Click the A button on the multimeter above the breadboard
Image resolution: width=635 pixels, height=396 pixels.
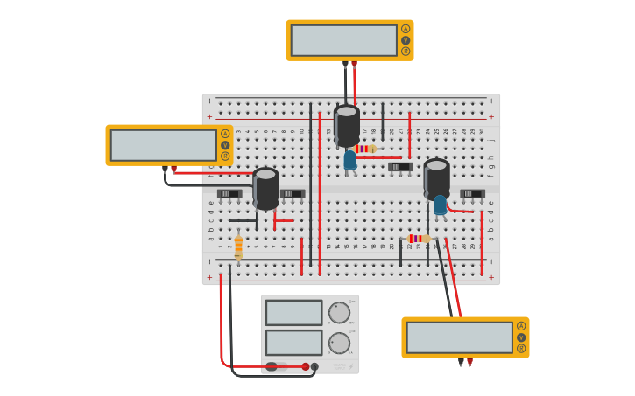(x=406, y=29)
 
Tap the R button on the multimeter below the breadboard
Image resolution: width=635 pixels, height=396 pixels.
(x=521, y=349)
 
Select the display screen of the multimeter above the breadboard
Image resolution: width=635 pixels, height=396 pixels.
(x=343, y=40)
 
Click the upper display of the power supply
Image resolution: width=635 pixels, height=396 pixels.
(x=293, y=313)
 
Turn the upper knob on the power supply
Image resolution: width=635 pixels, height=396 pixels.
(x=339, y=313)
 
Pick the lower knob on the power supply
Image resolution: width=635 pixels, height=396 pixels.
(x=339, y=343)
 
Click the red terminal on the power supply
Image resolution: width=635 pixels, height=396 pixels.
(x=306, y=366)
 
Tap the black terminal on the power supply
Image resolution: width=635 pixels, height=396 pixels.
(x=315, y=366)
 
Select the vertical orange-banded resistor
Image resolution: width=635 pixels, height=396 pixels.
(x=238, y=247)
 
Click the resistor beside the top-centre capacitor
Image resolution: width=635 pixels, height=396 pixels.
(x=366, y=149)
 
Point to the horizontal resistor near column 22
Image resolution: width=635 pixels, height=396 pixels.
(x=420, y=239)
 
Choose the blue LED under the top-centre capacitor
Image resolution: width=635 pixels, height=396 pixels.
(x=350, y=160)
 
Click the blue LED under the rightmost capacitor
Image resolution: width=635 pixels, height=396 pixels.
(x=440, y=205)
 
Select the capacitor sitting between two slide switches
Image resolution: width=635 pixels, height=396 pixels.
(x=265, y=188)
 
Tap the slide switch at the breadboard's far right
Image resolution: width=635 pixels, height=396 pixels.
(x=472, y=193)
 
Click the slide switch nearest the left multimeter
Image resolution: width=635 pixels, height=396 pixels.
(x=229, y=193)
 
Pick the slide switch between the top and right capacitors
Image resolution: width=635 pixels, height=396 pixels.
(x=399, y=166)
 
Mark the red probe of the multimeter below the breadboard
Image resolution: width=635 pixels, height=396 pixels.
(x=469, y=361)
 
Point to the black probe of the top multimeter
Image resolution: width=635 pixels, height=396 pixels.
(x=345, y=65)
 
